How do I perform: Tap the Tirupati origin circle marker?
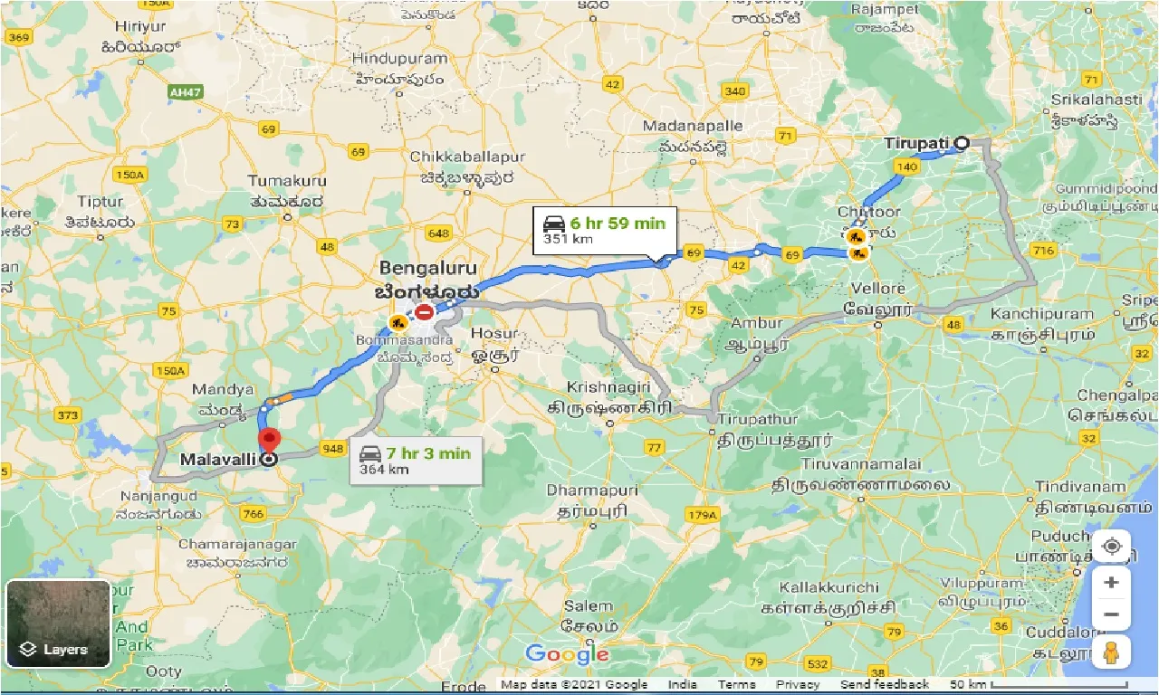click(x=962, y=142)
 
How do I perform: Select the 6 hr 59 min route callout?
click(x=604, y=231)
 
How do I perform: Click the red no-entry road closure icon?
click(x=424, y=313)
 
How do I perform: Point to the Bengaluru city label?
click(x=427, y=269)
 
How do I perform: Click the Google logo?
click(x=567, y=653)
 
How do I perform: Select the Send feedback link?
click(x=884, y=685)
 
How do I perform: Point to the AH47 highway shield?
click(x=185, y=92)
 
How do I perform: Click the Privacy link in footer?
click(x=797, y=685)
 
